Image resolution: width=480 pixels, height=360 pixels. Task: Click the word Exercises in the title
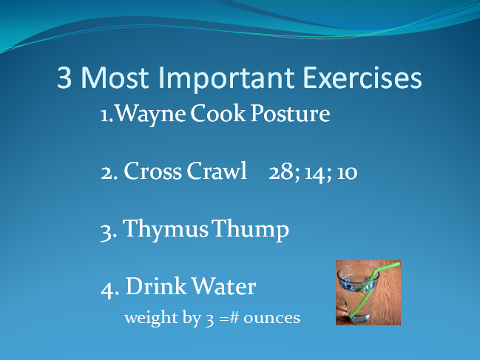[362, 78]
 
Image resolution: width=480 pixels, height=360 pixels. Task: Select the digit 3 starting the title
[64, 78]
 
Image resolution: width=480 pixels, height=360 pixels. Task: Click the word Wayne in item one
[151, 115]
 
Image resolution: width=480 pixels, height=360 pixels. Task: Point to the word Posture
[290, 114]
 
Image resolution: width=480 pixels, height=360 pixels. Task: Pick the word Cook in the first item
[218, 113]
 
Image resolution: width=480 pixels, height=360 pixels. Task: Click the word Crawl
[217, 171]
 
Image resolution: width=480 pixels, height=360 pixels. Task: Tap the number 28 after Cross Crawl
[282, 172]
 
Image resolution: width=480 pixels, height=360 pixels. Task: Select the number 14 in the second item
[314, 173]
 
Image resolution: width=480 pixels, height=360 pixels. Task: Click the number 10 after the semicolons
[347, 173]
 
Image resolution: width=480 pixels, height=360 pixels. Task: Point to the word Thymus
[166, 229]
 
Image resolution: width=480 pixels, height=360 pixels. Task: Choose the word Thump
[251, 229]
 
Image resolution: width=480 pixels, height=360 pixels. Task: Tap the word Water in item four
[224, 286]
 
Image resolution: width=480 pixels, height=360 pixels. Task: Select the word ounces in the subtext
[272, 319]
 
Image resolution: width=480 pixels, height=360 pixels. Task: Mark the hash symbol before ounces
[234, 317]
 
